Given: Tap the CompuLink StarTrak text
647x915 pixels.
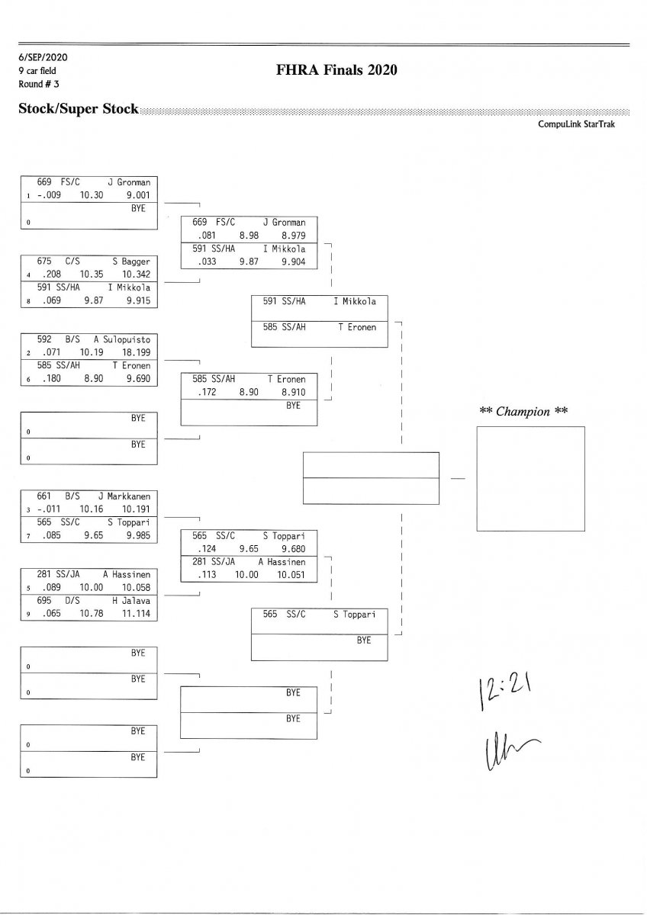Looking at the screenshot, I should (576, 124).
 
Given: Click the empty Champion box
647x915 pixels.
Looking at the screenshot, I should (530, 478).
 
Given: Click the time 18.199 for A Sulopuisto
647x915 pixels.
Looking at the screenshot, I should (135, 354).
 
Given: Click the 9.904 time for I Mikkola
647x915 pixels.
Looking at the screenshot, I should (294, 261).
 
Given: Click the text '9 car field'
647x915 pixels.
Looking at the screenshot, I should (37, 70).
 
